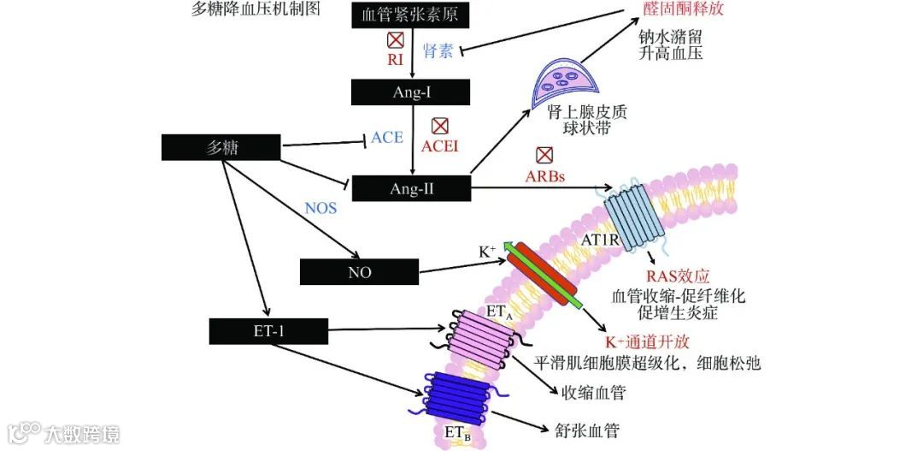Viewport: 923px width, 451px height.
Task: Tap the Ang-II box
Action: coord(412,188)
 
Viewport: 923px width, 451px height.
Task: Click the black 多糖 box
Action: coord(220,147)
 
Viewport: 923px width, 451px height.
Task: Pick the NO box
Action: coord(359,271)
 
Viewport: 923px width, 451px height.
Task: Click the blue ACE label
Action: coord(386,137)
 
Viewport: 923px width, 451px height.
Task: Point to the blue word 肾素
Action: coord(441,51)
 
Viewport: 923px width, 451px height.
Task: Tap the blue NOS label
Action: coord(320,208)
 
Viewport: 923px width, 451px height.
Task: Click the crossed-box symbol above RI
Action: coord(395,40)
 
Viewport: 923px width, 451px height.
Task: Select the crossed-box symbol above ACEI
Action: coord(440,127)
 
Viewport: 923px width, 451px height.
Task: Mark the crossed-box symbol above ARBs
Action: coord(544,156)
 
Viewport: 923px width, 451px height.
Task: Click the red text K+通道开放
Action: coord(641,341)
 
